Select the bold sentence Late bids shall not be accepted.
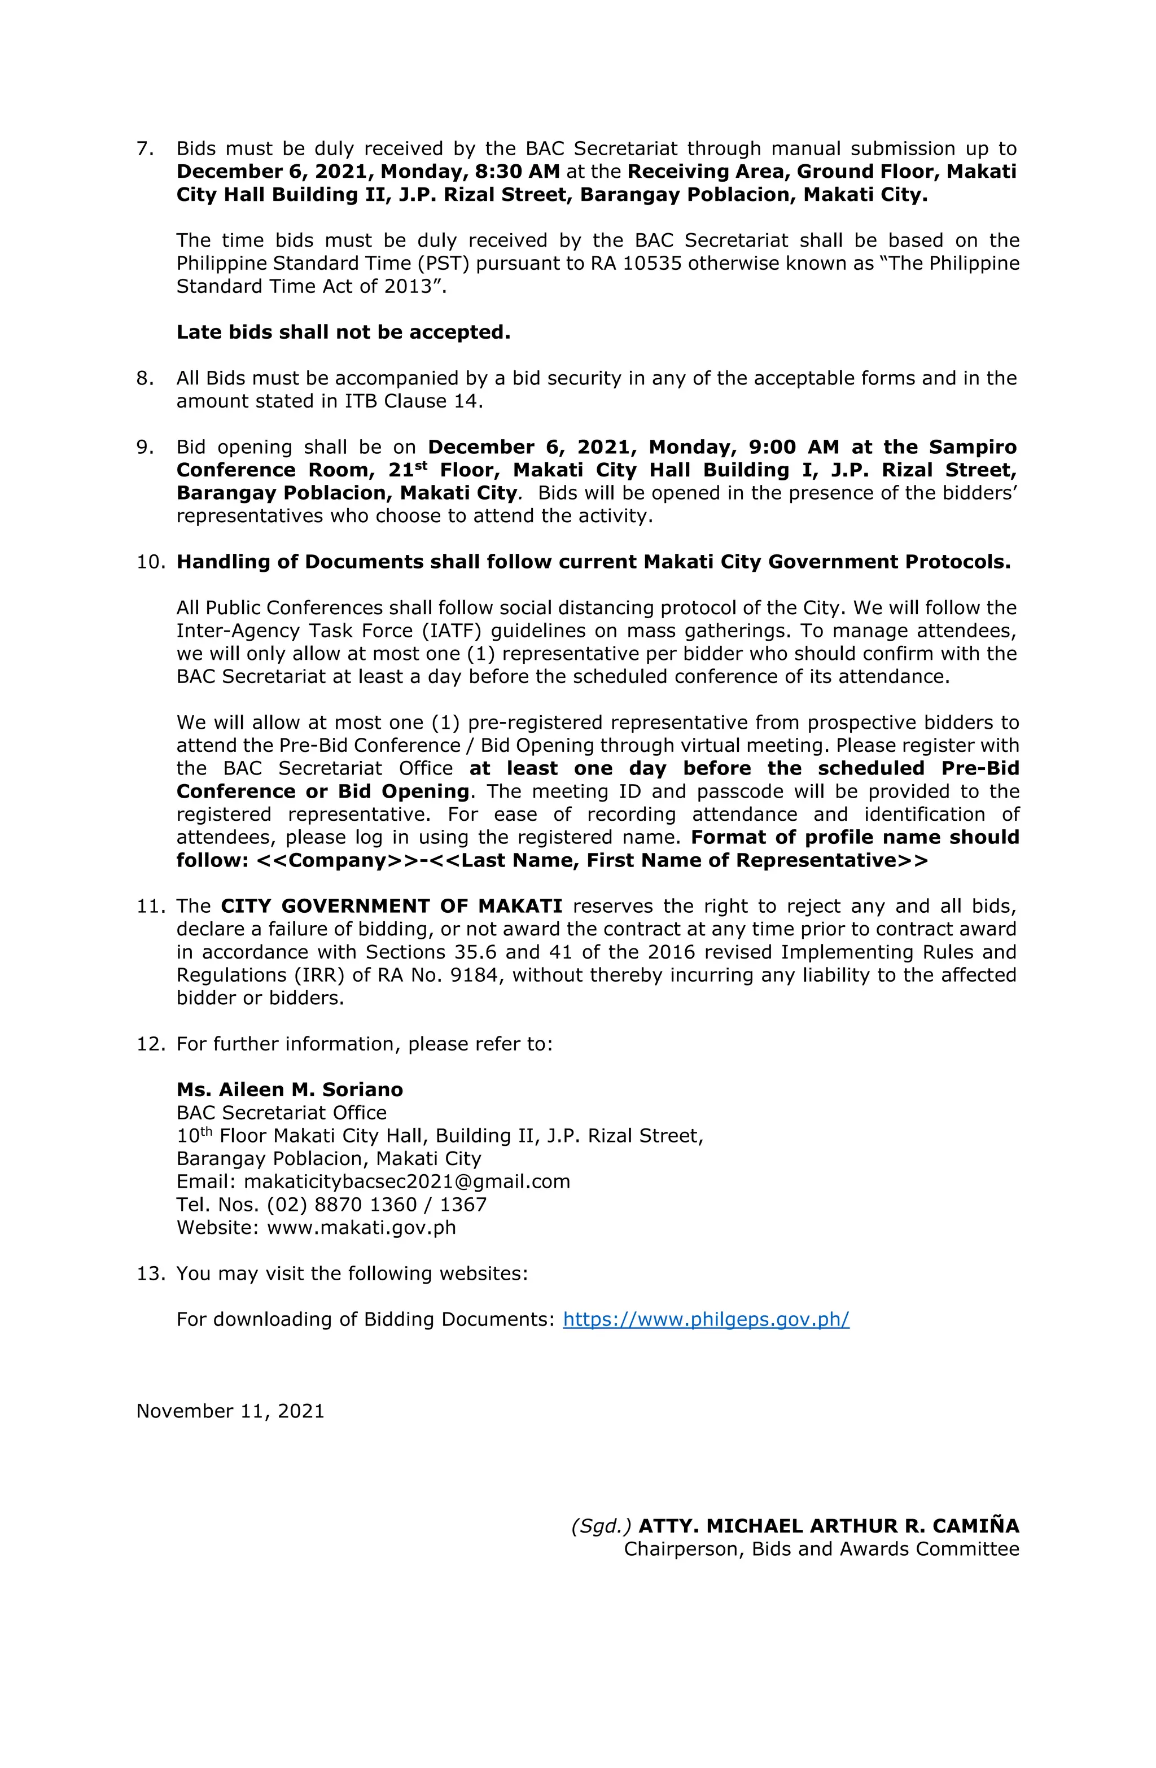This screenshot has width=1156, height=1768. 343,332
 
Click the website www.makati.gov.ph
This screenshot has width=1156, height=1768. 361,1227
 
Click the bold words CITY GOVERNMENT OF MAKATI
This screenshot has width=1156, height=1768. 392,906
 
